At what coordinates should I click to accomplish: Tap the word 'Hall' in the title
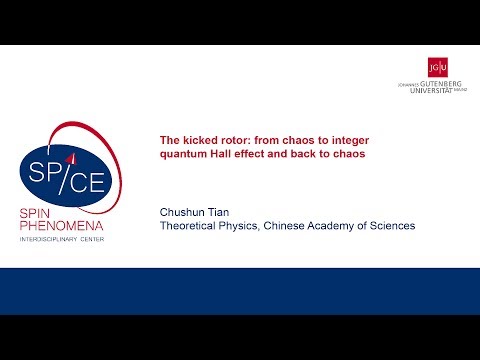(x=226, y=155)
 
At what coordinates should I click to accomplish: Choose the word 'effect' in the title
(x=258, y=155)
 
